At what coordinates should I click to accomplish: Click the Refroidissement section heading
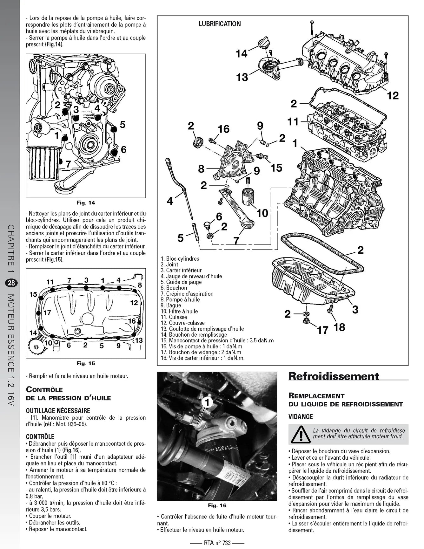334,376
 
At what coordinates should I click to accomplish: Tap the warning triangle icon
300,434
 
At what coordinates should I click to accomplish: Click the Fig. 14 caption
86,203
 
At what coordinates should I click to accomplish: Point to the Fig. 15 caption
86,363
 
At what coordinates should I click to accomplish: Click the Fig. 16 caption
217,505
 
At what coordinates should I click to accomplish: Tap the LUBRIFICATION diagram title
220,24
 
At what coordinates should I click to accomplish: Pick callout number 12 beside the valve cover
393,95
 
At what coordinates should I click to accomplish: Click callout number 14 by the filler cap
241,53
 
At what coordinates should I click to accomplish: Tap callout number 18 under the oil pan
339,327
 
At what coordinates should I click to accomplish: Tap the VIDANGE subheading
301,416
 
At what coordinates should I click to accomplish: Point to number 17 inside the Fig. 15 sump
47,313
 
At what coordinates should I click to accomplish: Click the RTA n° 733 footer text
217,543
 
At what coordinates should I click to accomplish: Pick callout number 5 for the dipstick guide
181,238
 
